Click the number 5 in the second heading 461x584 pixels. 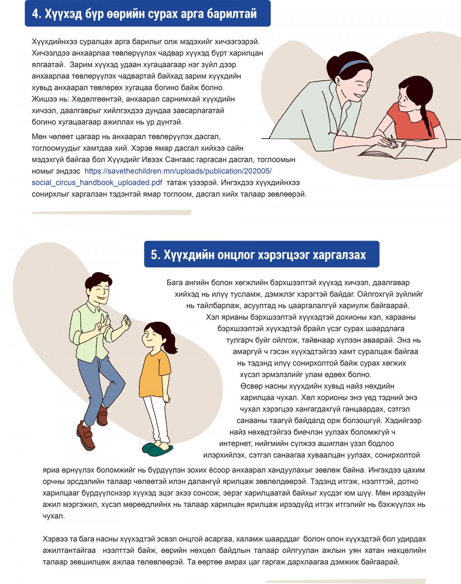pyautogui.click(x=155, y=255)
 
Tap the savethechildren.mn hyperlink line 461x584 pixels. pyautogui.click(x=178, y=171)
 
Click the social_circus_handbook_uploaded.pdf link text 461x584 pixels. pyautogui.click(x=97, y=183)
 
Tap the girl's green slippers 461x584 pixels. pyautogui.click(x=157, y=448)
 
